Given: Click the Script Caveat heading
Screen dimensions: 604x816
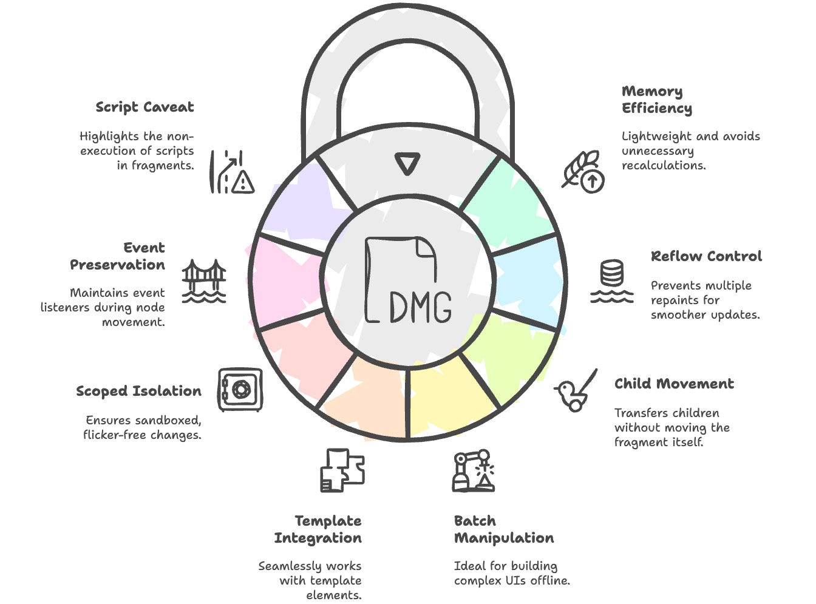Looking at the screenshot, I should [x=144, y=107].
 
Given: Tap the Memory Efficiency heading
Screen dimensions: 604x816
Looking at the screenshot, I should [x=656, y=100].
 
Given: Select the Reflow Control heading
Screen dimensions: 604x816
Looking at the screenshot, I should [x=706, y=256].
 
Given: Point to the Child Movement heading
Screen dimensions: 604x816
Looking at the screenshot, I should [x=674, y=384].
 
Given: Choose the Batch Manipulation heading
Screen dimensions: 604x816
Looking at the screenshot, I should [x=503, y=529].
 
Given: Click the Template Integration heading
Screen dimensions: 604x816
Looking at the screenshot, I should [x=318, y=529].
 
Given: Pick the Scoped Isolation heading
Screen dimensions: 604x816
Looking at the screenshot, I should [x=138, y=391].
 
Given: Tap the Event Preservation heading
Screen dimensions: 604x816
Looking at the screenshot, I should [x=118, y=256].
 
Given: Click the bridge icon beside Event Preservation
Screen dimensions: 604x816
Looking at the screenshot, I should [x=204, y=280].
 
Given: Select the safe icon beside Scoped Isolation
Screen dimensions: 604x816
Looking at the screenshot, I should [x=240, y=389].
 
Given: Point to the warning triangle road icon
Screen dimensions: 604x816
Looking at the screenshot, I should [x=232, y=172].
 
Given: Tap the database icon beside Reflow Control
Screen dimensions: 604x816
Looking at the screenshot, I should [x=612, y=280].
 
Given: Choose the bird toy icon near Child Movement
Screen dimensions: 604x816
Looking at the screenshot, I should [x=574, y=392].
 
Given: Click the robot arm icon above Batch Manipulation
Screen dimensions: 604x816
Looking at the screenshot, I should [x=473, y=470].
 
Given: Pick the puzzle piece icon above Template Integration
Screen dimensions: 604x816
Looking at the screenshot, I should [x=342, y=470].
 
